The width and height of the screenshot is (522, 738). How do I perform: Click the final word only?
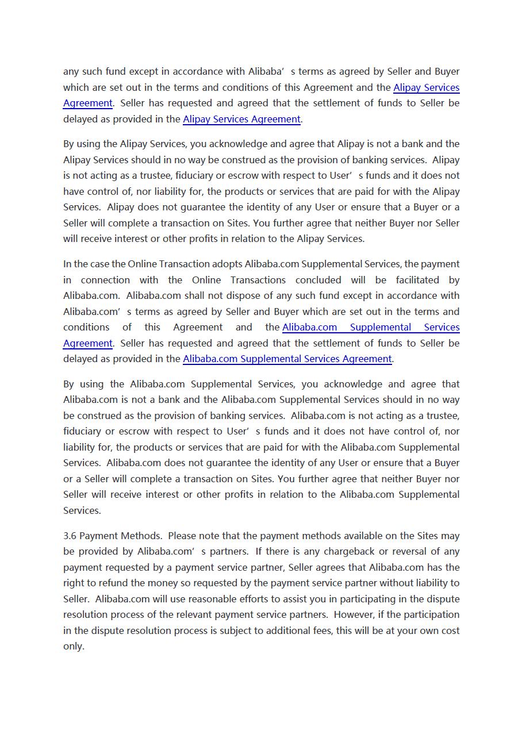tap(74, 647)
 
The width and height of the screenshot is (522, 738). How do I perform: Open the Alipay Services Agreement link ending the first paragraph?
tap(241, 120)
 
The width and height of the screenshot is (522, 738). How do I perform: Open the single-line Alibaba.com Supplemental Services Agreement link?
tap(287, 359)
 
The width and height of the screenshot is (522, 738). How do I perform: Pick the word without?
tap(391, 583)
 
